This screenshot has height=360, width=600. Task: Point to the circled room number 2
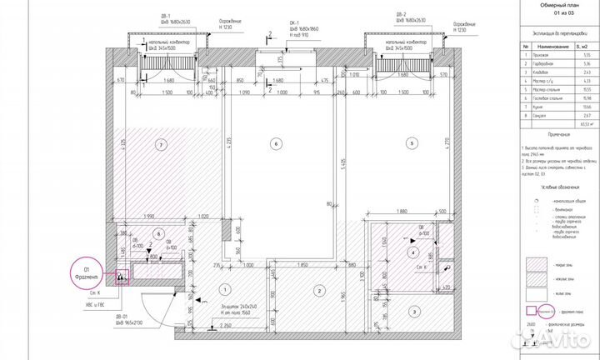tap(318, 290)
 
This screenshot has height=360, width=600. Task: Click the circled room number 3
tap(413, 312)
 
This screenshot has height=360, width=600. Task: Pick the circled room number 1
tap(224, 288)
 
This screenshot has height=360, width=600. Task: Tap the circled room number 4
tap(411, 252)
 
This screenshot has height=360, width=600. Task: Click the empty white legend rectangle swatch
tap(542, 292)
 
